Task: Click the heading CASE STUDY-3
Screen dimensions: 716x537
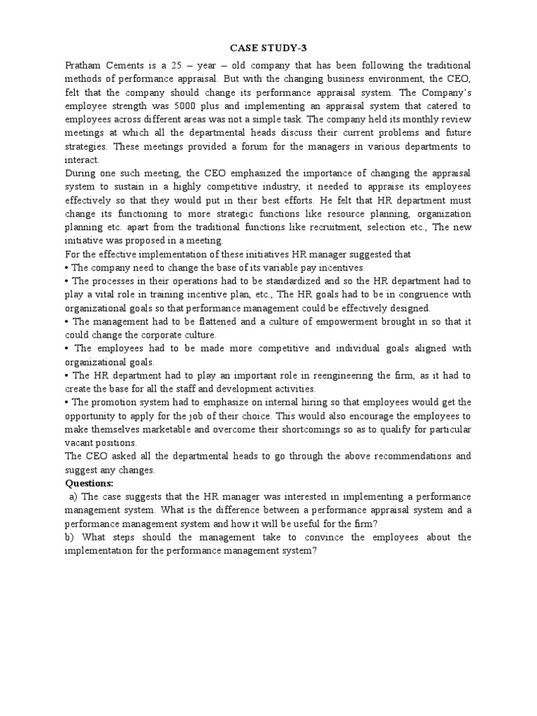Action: tap(268, 48)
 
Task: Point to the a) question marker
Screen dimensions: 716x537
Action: tap(73, 496)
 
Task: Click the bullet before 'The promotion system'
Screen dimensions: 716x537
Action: tap(67, 402)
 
